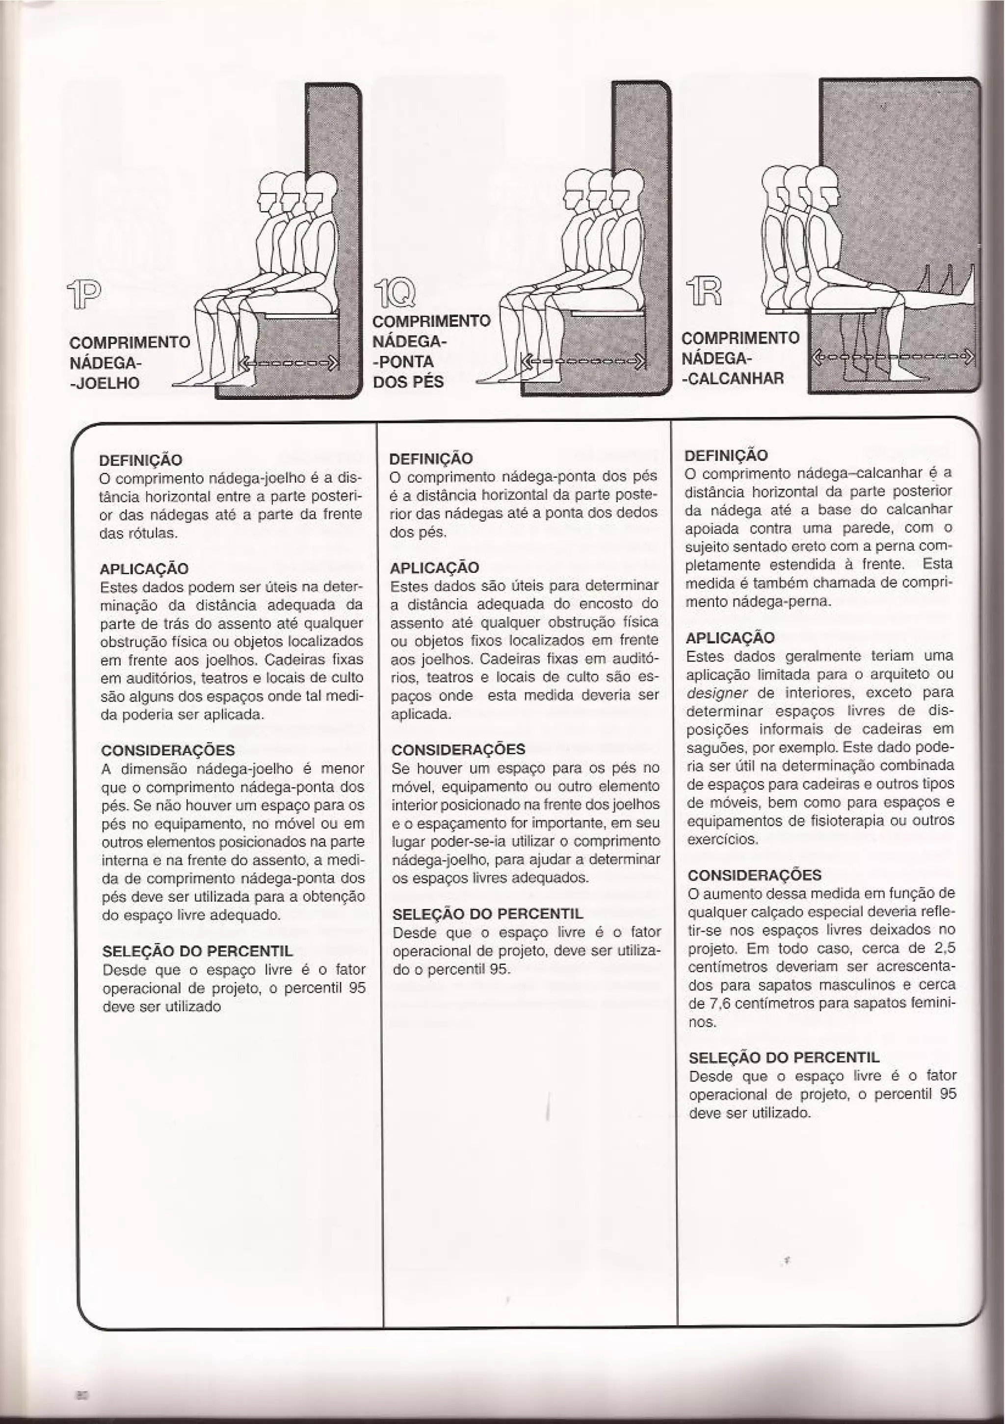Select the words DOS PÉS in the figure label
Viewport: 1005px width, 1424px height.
(408, 382)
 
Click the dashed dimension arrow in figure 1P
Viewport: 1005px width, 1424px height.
(290, 363)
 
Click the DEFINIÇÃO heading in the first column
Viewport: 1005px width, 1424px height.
(141, 460)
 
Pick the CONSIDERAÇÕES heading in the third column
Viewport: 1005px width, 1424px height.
(754, 875)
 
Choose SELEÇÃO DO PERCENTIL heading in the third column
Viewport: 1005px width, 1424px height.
(784, 1058)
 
